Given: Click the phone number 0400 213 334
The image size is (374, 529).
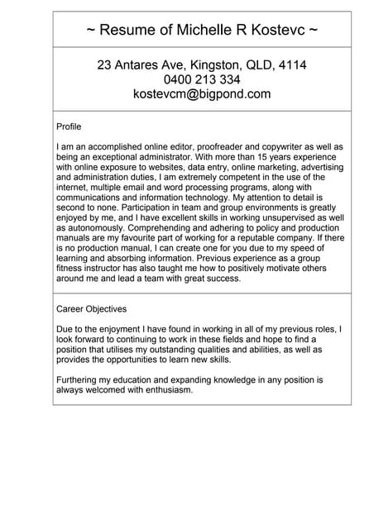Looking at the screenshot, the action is point(202,79).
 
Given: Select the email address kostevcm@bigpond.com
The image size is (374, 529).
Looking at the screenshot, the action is point(202,94).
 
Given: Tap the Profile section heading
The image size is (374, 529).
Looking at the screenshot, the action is point(69,126).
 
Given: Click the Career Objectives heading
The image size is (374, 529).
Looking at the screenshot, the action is point(91,309).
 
